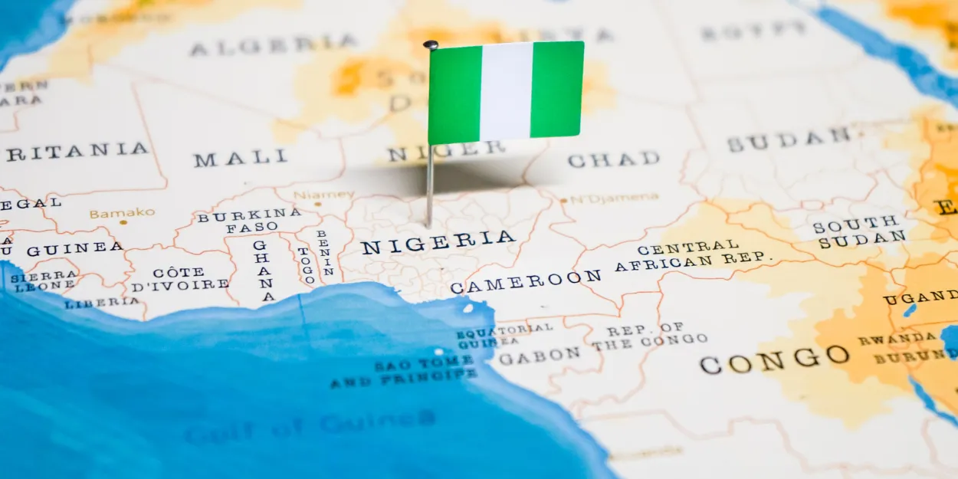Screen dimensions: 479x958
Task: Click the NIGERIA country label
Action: pyautogui.click(x=438, y=242)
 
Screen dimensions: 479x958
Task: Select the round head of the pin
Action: pyautogui.click(x=431, y=45)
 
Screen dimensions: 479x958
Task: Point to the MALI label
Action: pyautogui.click(x=240, y=159)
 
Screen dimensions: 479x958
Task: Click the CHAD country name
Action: pyautogui.click(x=613, y=159)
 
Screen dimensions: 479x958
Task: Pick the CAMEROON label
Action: pyautogui.click(x=526, y=281)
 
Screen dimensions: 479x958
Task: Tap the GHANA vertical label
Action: pyautogui.click(x=263, y=271)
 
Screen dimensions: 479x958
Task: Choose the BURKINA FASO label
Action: pyautogui.click(x=249, y=221)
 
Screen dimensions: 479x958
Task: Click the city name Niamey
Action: pyautogui.click(x=323, y=195)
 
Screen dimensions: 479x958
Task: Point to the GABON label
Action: pyautogui.click(x=539, y=356)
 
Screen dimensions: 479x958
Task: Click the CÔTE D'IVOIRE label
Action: pyautogui.click(x=179, y=279)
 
